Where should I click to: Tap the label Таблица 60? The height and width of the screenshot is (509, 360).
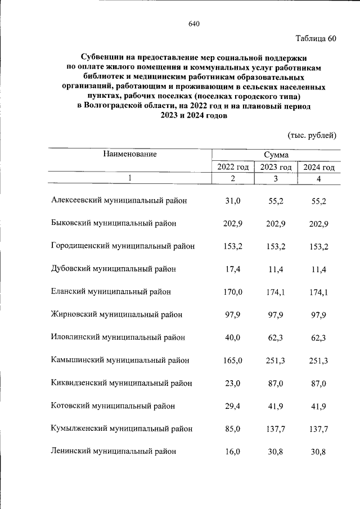pos(316,39)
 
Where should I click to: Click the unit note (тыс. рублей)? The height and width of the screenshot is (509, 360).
pos(312,135)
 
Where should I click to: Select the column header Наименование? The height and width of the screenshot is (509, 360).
pos(129,153)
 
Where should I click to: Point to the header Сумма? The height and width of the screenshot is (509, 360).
pos(276,154)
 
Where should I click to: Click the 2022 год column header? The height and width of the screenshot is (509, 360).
pos(233,167)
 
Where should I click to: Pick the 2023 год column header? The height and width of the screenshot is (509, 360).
pos(276,167)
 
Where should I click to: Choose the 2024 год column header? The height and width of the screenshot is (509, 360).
pos(319,167)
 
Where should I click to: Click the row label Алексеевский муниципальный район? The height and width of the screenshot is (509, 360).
pos(119,200)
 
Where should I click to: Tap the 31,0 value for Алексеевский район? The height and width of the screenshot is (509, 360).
pos(233,200)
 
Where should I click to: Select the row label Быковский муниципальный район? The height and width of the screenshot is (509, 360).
pos(114,223)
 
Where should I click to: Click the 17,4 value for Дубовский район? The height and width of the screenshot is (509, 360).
pos(233,269)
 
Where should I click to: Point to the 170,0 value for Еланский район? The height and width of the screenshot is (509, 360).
pos(233,292)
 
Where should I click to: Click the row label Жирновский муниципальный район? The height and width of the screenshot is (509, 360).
pos(116,315)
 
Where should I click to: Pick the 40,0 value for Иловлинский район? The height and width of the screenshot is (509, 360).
pos(233,337)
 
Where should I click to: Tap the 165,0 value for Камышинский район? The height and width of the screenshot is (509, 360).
pos(233,361)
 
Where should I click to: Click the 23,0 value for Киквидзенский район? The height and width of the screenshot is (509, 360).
pos(233,383)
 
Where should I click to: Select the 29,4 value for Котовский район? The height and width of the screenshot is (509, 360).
pos(233,406)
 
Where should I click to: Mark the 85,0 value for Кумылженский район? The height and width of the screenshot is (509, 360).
pos(233,429)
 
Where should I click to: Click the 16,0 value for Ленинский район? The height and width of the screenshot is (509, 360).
pos(233,451)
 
